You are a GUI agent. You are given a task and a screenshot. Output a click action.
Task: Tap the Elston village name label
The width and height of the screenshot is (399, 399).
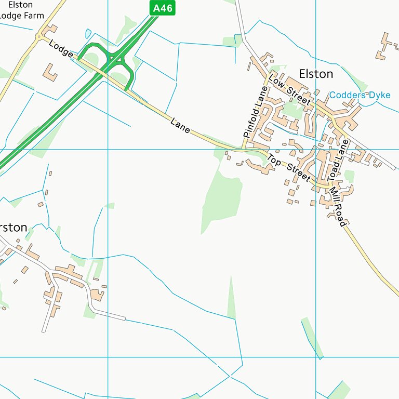tap(316, 74)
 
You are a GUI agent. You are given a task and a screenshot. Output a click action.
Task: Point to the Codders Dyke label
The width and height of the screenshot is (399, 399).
tap(360, 95)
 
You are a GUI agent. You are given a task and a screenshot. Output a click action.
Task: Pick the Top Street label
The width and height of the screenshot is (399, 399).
tap(289, 168)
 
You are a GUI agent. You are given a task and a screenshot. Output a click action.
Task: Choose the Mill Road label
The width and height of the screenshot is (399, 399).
tap(338, 206)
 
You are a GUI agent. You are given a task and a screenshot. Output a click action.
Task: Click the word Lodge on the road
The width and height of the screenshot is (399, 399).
tap(61, 50)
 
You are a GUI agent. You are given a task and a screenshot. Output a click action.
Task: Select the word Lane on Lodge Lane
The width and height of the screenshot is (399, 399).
tap(180, 125)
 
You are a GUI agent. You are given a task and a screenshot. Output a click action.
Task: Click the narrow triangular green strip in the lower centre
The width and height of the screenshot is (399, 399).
tap(231, 299)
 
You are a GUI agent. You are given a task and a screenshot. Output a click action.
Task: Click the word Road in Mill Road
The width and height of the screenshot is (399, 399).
tap(340, 215)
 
